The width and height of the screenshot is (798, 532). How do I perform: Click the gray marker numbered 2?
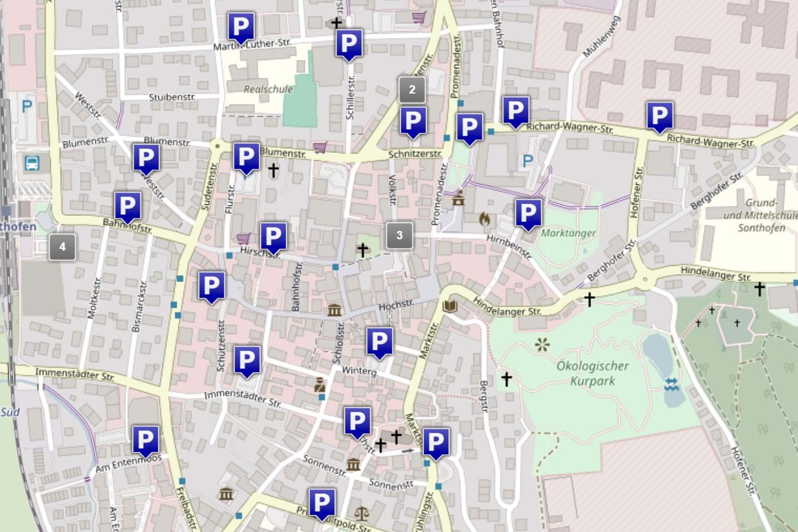[x=412, y=90]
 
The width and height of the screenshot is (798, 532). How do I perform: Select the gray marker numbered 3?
[x=400, y=235]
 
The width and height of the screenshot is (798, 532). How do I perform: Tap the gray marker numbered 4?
[x=62, y=247]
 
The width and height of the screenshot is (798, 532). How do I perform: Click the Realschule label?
[x=268, y=89]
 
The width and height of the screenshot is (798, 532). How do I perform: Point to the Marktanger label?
[x=568, y=233]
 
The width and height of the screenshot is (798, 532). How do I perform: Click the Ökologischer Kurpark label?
[x=592, y=373]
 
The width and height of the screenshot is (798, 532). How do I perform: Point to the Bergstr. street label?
[x=484, y=396]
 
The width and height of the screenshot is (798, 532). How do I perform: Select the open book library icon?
[x=449, y=307]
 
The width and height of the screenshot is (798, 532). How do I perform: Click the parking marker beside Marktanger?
[x=528, y=213]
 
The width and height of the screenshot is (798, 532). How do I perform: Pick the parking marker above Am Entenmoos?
[x=145, y=440]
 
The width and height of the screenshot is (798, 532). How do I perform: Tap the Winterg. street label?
[x=359, y=372]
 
